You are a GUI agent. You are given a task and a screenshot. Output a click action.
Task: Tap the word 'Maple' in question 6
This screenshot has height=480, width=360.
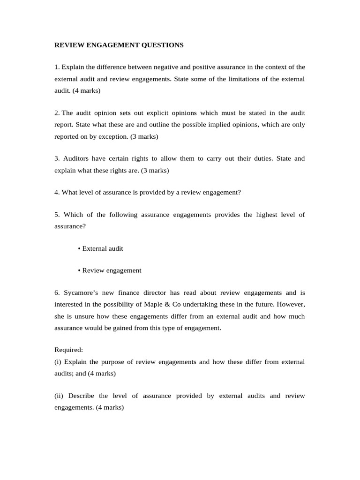coord(164,305)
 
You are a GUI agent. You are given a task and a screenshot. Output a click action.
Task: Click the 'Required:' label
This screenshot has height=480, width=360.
coord(68,350)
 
